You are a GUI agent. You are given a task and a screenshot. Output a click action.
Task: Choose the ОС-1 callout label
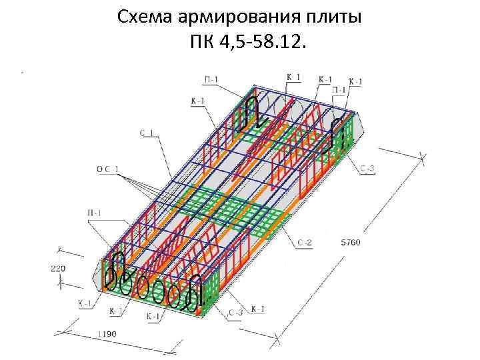point(107,169)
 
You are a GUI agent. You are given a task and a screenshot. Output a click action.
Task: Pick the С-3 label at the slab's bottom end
point(235,311)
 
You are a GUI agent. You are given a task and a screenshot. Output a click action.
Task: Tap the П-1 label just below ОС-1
point(95,213)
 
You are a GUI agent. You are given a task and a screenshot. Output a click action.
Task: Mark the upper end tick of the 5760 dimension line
point(422,157)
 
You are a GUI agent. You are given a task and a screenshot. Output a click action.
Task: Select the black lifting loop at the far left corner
point(118,265)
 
